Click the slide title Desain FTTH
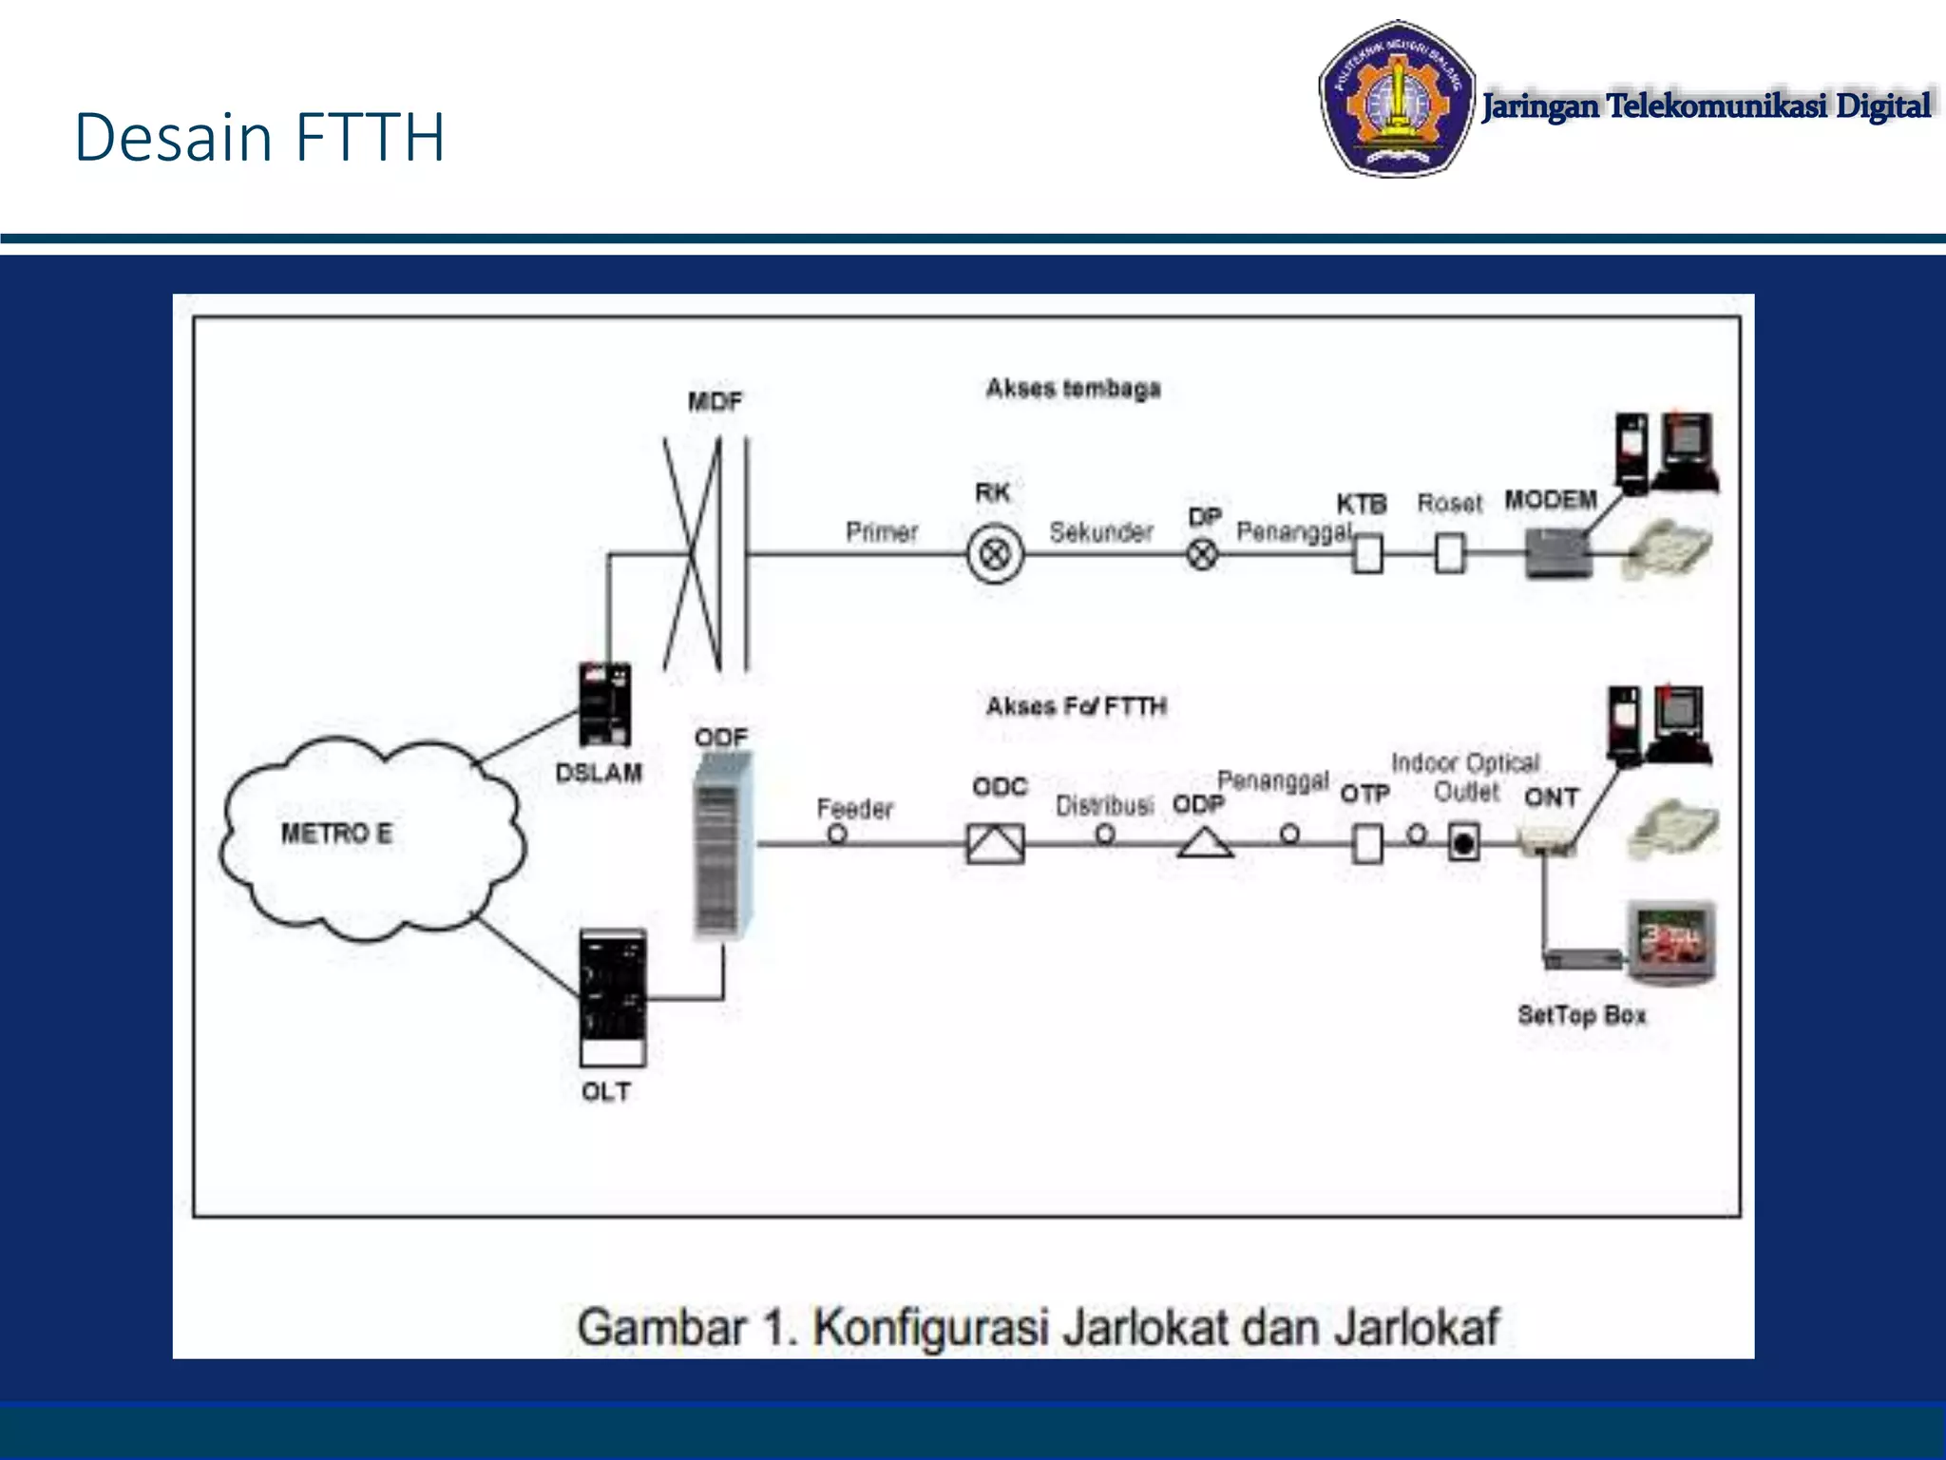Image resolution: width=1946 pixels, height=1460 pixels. pyautogui.click(x=259, y=138)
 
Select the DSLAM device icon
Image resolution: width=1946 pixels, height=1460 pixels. pyautogui.click(x=604, y=704)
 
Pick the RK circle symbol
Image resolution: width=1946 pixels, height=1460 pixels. pyautogui.click(x=995, y=553)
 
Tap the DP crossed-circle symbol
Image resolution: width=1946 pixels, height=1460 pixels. pyautogui.click(x=1202, y=553)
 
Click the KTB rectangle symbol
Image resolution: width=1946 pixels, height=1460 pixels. pyautogui.click(x=1367, y=553)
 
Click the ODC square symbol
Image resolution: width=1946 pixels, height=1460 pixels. pyautogui.click(x=995, y=843)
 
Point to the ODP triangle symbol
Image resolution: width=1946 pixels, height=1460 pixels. pyautogui.click(x=1204, y=843)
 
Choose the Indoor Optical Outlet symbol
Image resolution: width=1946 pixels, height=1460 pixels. pyautogui.click(x=1463, y=843)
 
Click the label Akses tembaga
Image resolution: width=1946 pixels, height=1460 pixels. pyautogui.click(x=1073, y=389)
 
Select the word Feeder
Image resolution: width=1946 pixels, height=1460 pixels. pyautogui.click(x=855, y=809)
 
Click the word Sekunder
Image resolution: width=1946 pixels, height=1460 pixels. pyautogui.click(x=1101, y=532)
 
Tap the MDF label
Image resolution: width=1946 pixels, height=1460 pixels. pyautogui.click(x=715, y=402)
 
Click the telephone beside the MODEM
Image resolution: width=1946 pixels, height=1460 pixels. pyautogui.click(x=1670, y=549)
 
